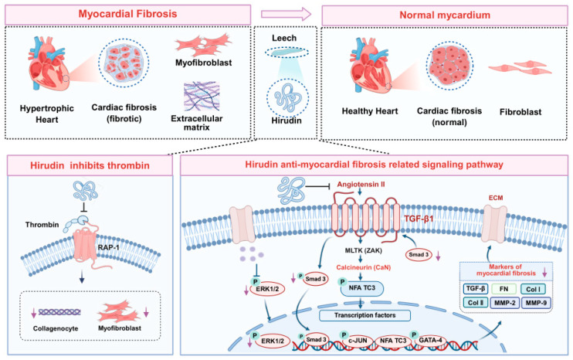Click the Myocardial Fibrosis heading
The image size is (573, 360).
pyautogui.click(x=127, y=14)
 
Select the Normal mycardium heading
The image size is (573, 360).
pyautogui.click(x=444, y=15)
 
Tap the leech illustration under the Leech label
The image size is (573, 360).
pyautogui.click(x=286, y=53)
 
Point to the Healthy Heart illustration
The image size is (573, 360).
pyautogui.click(x=369, y=66)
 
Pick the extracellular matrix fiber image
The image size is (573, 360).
pyautogui.click(x=202, y=97)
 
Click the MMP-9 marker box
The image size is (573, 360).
pyautogui.click(x=536, y=303)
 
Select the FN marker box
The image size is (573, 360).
pyautogui.click(x=504, y=289)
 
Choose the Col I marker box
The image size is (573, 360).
pyautogui.click(x=533, y=289)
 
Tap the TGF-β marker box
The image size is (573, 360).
pyautogui.click(x=476, y=289)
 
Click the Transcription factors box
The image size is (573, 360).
pyautogui.click(x=364, y=315)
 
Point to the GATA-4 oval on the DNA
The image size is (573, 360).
pyautogui.click(x=430, y=340)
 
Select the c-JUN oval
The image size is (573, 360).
pyautogui.click(x=358, y=340)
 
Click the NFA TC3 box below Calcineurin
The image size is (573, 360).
pyautogui.click(x=361, y=288)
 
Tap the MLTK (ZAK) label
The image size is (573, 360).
pyautogui.click(x=363, y=251)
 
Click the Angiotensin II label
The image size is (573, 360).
pyautogui.click(x=361, y=184)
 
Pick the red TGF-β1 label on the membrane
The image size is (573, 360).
pyautogui.click(x=419, y=219)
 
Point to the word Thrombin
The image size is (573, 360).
pyautogui.click(x=42, y=224)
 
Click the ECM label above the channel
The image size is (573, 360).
pyautogui.click(x=496, y=198)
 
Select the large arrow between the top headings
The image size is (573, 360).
pyautogui.click(x=286, y=14)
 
